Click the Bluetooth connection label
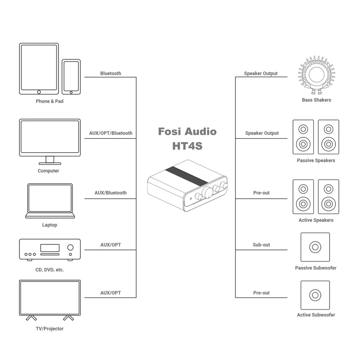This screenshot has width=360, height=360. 110,73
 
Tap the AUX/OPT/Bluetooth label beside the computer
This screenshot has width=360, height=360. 110,133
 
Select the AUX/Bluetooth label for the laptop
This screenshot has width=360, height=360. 110,193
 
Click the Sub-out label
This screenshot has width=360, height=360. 261,245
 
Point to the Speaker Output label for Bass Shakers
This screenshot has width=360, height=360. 261,73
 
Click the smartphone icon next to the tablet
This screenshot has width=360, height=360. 71,77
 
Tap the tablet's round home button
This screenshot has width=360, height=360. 39,92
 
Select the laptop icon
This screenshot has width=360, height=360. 50,201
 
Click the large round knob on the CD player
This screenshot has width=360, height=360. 71,247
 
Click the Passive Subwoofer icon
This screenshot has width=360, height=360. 315,247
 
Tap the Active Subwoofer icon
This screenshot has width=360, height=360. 315,295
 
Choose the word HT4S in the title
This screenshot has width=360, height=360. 187,146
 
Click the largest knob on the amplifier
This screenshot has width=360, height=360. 207,192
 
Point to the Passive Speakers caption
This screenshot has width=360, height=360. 316,161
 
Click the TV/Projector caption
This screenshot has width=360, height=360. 50,329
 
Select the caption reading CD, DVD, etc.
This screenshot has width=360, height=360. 50,270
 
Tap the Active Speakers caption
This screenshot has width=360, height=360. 316,220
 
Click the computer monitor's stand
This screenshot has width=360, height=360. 50,160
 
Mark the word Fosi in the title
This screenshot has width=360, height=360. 169,132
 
